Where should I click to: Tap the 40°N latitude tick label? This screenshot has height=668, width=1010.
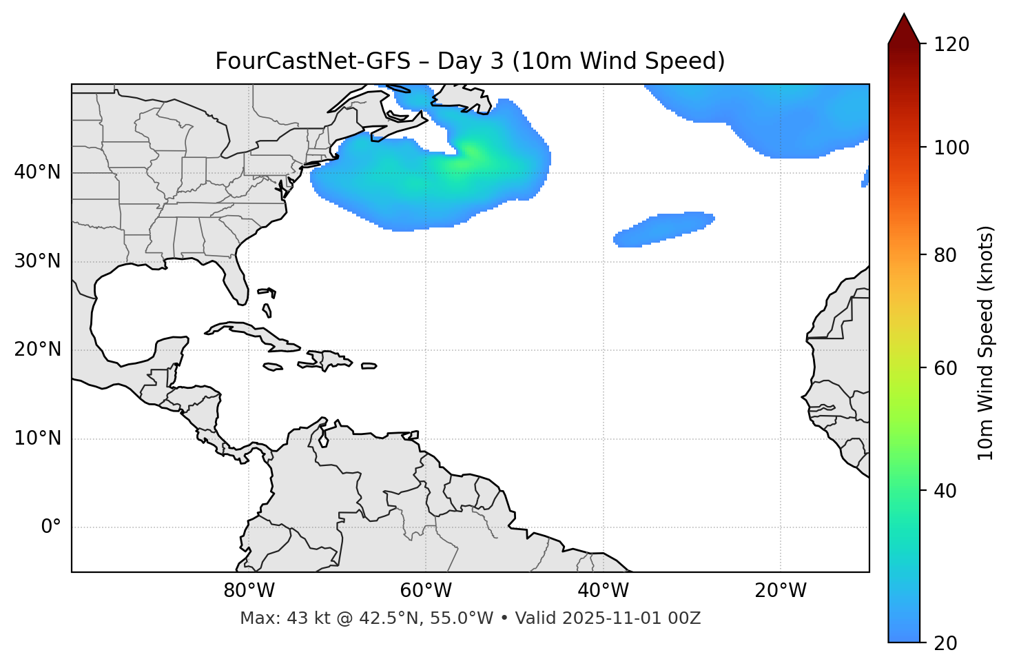37,172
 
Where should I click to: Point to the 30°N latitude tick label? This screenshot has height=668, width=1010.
37,261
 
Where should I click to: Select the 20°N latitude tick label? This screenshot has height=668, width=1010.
37,350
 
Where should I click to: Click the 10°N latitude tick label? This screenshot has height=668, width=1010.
37,438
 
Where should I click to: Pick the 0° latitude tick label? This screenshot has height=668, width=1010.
51,527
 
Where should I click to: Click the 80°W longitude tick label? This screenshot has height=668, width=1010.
249,591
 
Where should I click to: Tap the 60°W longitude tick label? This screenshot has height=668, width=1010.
426,591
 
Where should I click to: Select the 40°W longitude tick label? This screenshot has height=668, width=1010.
603,591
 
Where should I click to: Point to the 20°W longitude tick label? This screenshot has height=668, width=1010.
781,591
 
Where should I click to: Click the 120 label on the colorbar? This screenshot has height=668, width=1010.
951,45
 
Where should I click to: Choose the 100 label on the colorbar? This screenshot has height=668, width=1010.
951,148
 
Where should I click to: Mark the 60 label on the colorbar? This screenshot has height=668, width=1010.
946,368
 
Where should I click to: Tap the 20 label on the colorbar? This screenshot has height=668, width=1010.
946,643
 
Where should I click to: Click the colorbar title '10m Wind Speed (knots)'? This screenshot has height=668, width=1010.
986,343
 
